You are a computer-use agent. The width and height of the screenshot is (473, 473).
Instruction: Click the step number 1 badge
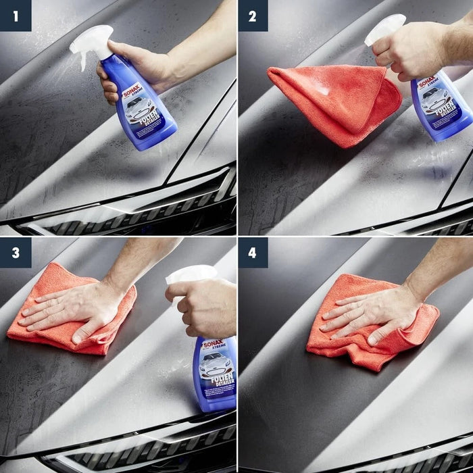15,16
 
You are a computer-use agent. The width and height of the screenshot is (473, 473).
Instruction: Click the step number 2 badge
252,16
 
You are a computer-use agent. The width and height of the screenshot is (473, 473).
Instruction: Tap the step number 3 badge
15,252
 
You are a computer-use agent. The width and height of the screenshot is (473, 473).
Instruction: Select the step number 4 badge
252,252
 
